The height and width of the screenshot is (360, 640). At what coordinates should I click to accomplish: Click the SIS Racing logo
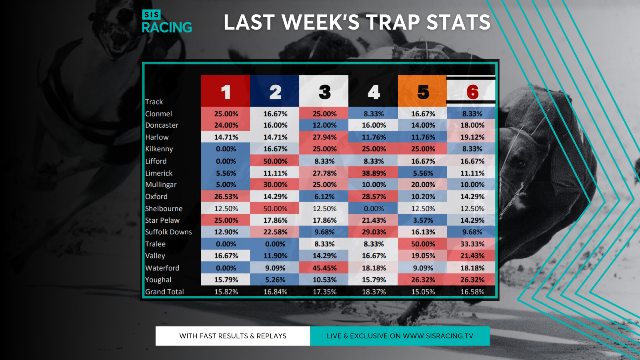(x=167, y=22)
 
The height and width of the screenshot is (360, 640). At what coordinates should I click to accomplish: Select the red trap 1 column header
(x=226, y=91)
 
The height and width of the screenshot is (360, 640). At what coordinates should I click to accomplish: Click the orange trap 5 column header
(x=422, y=91)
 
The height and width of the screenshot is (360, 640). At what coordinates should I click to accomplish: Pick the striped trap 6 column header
(x=472, y=91)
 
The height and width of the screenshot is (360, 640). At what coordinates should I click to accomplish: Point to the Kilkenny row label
(x=159, y=149)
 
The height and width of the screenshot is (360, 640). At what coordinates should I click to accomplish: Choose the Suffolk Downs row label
(x=168, y=232)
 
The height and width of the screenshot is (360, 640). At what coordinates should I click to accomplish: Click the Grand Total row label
(x=164, y=292)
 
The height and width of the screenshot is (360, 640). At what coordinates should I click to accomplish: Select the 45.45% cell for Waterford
(x=324, y=268)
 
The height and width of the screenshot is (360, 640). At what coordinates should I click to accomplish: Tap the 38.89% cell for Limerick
(x=374, y=173)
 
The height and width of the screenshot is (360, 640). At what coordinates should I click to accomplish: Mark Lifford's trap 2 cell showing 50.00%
(x=275, y=161)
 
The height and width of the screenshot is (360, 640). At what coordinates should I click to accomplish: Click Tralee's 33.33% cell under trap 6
(x=472, y=244)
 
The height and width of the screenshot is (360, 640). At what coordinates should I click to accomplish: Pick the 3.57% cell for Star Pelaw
(x=423, y=220)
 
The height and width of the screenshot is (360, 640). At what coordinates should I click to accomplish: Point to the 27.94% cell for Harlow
(x=324, y=137)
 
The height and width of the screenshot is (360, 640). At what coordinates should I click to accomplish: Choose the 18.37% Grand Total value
(x=374, y=292)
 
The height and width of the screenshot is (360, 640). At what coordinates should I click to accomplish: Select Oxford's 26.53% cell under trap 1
(x=226, y=197)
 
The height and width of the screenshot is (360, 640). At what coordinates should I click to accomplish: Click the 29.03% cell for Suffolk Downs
(x=374, y=232)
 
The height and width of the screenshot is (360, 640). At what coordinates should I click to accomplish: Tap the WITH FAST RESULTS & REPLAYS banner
(x=233, y=336)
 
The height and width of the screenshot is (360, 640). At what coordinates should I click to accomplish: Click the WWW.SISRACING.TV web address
(x=438, y=336)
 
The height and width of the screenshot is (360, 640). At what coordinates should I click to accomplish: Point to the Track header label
(x=154, y=102)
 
